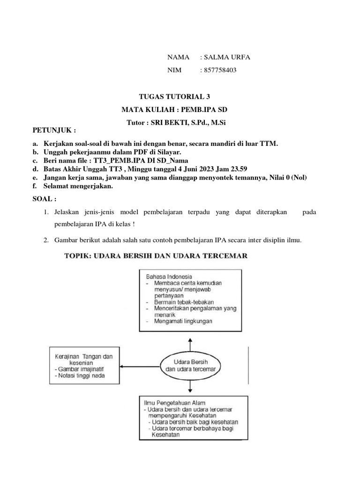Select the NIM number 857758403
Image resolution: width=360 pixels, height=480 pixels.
point(220,70)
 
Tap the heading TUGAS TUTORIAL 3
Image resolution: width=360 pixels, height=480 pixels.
point(174,97)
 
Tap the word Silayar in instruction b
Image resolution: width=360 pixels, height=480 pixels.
point(174,152)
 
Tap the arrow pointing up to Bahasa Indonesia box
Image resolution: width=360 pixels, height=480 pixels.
point(190,342)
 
